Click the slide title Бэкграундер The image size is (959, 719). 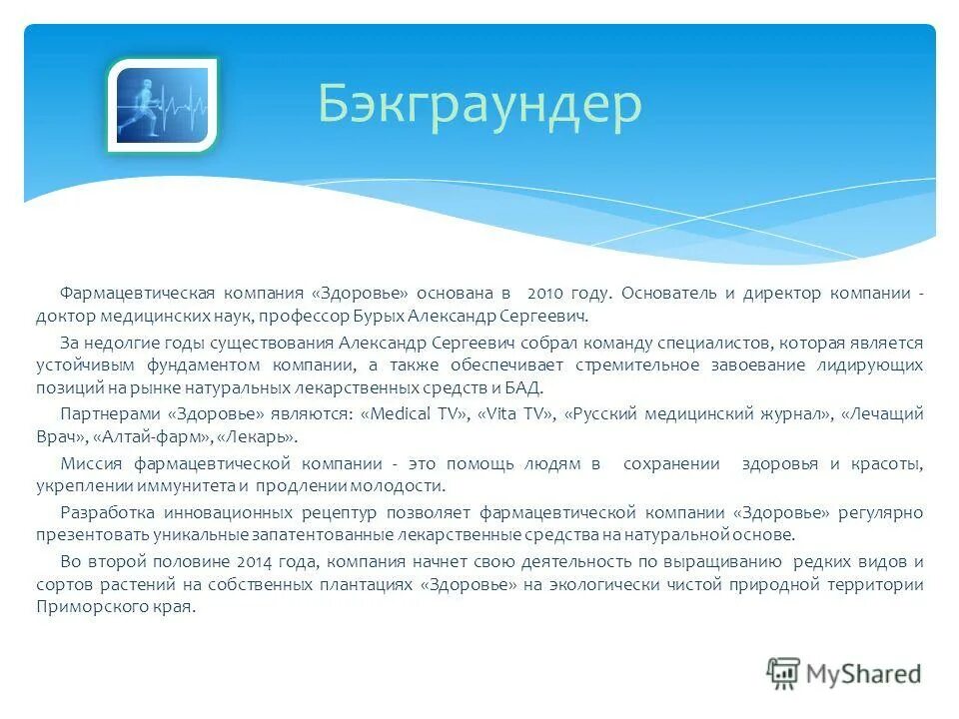click(479, 104)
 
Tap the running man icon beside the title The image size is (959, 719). click(162, 105)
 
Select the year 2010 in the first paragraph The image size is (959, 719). click(545, 294)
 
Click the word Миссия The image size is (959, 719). click(91, 463)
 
